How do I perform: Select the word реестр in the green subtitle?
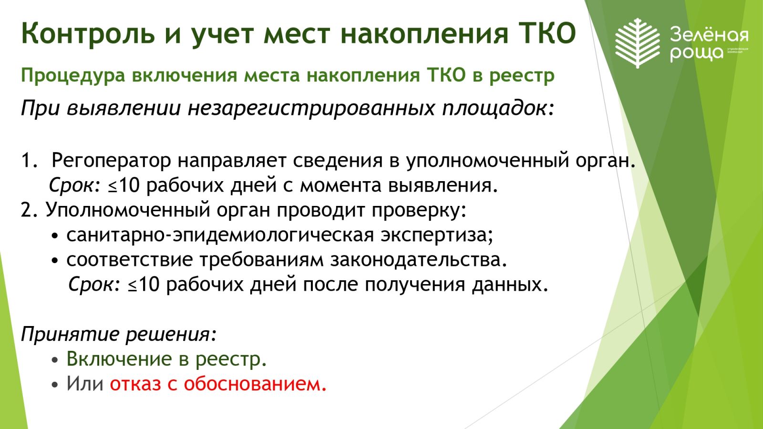522,76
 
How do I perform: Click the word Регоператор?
111,161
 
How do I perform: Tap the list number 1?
29,160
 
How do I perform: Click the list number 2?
29,210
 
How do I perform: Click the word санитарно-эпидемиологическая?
220,235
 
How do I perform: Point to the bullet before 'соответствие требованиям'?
55,261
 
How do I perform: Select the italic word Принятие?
70,334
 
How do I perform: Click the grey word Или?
85,383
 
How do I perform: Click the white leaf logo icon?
638,43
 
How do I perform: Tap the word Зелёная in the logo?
709,35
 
